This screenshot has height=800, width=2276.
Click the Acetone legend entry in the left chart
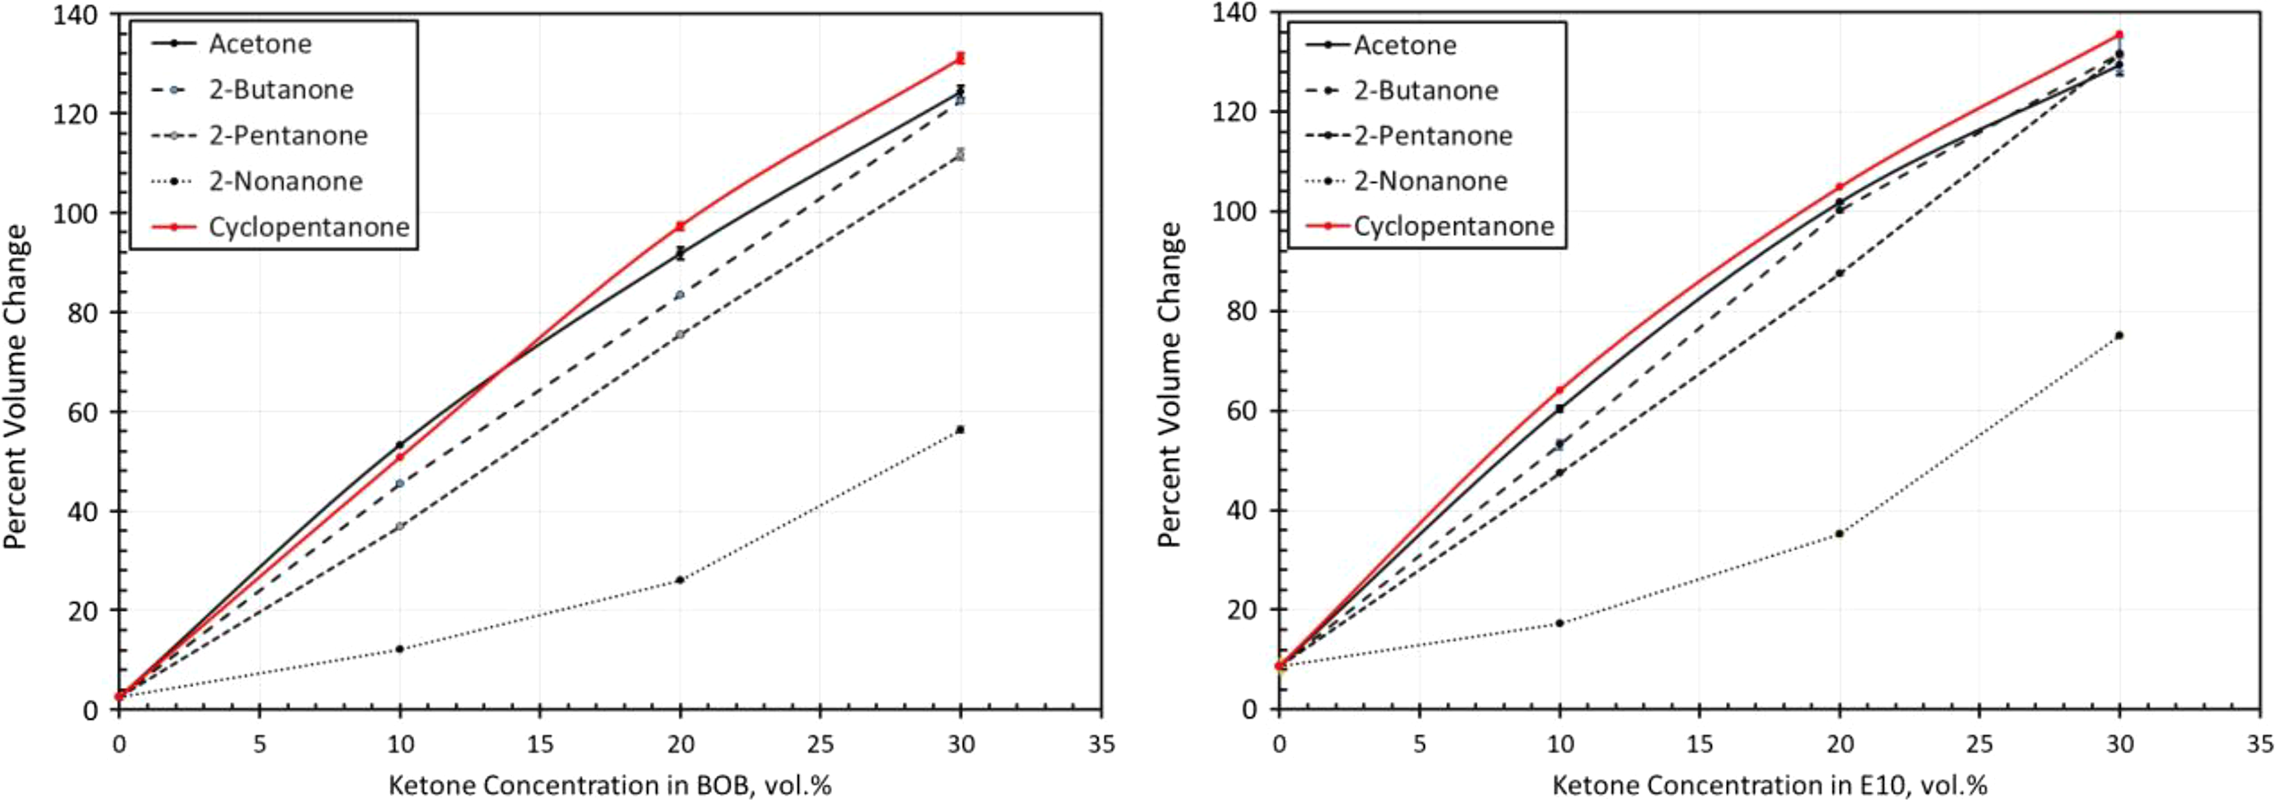click(x=232, y=44)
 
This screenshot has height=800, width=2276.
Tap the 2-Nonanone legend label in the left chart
click(x=285, y=181)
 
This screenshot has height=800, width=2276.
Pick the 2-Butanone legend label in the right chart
click(x=1426, y=90)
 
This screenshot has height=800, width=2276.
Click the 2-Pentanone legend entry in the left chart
click(x=259, y=135)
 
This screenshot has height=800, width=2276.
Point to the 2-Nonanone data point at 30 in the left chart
click(x=961, y=430)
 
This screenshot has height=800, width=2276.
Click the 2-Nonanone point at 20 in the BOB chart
click(x=680, y=580)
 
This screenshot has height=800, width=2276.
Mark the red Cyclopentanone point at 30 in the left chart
click(x=961, y=59)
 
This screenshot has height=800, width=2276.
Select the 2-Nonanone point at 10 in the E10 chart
click(x=1559, y=624)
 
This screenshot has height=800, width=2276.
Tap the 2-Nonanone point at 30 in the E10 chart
click(x=2118, y=335)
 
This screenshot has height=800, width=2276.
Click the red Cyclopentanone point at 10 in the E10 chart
click(x=1559, y=390)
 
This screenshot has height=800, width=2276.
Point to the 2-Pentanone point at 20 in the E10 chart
click(x=1840, y=273)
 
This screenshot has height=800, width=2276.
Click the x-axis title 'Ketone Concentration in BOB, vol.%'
click(x=609, y=785)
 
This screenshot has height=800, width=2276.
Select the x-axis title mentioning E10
click(x=1770, y=785)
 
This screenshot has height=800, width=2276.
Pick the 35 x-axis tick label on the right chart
click(x=2260, y=744)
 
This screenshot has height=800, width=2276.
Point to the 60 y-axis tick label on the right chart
click(x=1242, y=411)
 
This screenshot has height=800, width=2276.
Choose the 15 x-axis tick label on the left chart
click(x=540, y=744)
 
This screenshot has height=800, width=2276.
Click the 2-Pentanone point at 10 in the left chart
click(x=399, y=526)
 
